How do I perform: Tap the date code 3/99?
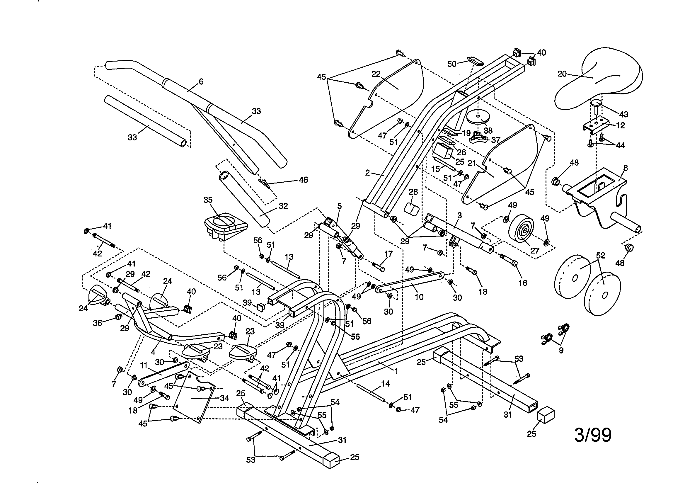click(x=592, y=435)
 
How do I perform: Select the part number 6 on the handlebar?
click(x=201, y=81)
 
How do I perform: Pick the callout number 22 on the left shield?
click(x=376, y=74)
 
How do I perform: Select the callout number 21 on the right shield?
click(x=471, y=163)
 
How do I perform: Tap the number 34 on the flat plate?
click(x=224, y=398)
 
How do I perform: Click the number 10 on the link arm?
click(x=419, y=297)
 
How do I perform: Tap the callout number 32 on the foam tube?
click(x=283, y=206)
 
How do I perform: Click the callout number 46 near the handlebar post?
click(x=303, y=180)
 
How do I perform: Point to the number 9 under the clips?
click(x=561, y=351)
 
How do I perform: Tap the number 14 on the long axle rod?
click(x=386, y=384)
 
